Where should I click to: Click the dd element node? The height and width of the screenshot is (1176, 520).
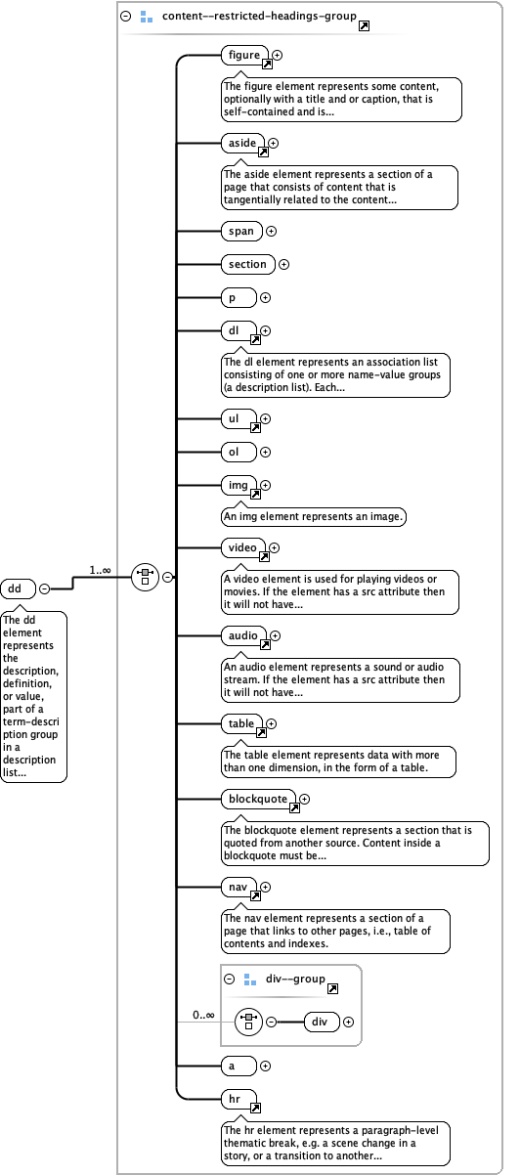(x=18, y=588)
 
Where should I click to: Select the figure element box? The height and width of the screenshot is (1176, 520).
(x=244, y=56)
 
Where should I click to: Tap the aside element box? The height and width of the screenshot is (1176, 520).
(x=241, y=144)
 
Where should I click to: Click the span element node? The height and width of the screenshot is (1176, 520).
(x=240, y=232)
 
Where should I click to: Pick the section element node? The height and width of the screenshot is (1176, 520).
(x=247, y=264)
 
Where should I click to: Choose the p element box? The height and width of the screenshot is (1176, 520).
(x=238, y=297)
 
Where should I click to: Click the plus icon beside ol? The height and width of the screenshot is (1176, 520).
(x=265, y=453)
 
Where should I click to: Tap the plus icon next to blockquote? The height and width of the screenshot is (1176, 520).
(x=305, y=800)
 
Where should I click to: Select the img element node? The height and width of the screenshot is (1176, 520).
(x=238, y=485)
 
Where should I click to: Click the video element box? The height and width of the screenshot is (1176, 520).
(x=241, y=547)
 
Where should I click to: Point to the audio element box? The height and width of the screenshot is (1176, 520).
(x=242, y=636)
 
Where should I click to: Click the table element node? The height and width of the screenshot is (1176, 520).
(x=241, y=724)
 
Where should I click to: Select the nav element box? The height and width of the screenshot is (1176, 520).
(x=238, y=887)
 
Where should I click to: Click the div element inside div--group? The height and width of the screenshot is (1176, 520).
(x=321, y=1023)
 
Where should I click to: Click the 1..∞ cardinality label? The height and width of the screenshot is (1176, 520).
(x=101, y=569)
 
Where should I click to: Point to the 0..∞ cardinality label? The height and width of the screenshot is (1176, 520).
(x=203, y=1015)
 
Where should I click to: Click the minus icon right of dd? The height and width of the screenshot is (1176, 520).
(x=44, y=588)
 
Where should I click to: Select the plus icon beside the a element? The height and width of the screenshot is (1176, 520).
(x=265, y=1066)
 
